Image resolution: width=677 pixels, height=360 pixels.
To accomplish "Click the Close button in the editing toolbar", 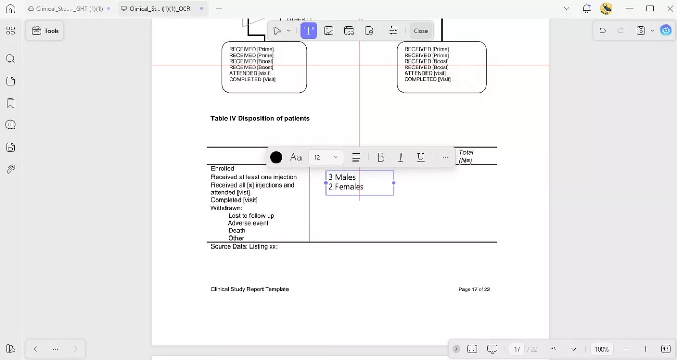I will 420,31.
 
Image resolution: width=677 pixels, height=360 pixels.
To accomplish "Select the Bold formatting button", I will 381,157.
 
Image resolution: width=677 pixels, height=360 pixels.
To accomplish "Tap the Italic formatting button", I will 400,157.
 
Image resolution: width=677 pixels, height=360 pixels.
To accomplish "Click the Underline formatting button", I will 421,157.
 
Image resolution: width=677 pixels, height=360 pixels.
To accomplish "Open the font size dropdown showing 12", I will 326,157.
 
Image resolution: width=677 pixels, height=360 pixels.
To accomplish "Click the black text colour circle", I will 277,157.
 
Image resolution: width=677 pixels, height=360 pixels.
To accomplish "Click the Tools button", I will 45,31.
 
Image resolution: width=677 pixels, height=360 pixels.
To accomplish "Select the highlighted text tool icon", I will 308,31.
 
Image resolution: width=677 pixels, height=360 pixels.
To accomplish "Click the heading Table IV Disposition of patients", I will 260,119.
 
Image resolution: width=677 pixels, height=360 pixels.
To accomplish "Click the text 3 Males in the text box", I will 342,177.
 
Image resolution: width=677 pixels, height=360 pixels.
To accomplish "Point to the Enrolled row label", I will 222,169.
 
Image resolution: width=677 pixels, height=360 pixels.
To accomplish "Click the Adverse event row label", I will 248,223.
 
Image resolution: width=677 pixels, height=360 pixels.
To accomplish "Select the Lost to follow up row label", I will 251,216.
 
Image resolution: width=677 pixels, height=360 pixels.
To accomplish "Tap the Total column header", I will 466,153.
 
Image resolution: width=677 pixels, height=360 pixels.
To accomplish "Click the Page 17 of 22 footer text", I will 474,289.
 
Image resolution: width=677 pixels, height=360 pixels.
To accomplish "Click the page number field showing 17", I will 517,349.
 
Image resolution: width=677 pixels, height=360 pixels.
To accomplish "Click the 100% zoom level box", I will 602,349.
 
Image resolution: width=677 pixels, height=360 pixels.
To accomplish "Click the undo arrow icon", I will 603,31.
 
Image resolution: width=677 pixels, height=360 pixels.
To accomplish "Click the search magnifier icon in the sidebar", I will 10,59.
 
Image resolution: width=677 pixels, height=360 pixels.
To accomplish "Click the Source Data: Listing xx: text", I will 244,246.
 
